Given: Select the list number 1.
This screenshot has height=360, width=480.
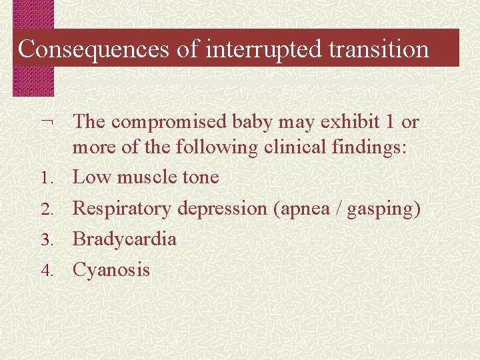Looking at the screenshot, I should click(x=45, y=179).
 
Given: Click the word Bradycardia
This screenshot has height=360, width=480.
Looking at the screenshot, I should click(x=124, y=239).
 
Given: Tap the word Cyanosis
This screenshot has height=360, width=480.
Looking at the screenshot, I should click(x=111, y=270).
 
